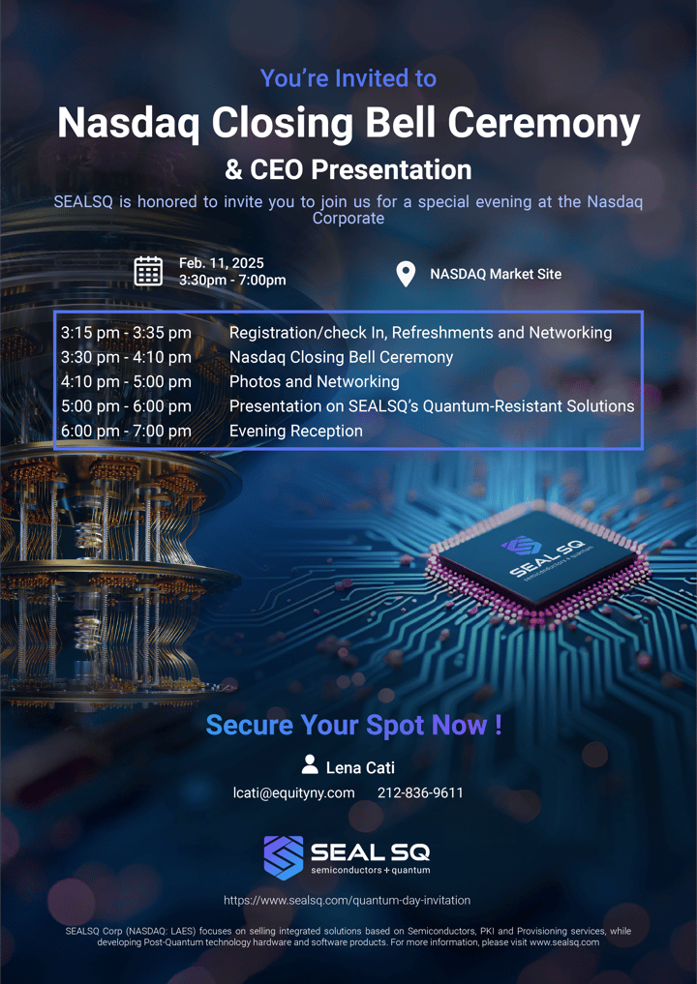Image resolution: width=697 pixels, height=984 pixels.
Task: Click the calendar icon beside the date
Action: point(148,272)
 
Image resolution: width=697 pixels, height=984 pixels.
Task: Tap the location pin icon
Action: point(407,274)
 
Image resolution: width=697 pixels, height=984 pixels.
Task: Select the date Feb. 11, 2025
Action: point(222,263)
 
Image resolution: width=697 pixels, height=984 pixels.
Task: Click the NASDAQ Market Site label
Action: point(496,274)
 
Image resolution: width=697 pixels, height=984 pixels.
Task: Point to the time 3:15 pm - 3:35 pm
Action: point(126,333)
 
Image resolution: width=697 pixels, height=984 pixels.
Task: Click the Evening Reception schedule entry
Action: point(296,431)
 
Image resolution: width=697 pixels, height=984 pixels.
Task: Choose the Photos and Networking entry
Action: point(315,381)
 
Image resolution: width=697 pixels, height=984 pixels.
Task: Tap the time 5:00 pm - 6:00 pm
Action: point(126,406)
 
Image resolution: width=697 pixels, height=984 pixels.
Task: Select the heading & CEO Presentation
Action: point(348,170)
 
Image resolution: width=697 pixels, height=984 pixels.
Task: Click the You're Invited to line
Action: point(348,78)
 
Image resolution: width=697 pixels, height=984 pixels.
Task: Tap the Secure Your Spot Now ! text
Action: point(354,725)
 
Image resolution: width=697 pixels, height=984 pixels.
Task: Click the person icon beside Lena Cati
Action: point(310,764)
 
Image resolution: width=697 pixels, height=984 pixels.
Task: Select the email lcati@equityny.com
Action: point(294,792)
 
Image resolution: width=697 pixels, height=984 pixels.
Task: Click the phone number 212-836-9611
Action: point(420,792)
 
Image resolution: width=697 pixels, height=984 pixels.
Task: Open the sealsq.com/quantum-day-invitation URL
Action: point(348,900)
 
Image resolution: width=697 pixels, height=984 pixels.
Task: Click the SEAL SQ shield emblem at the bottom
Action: point(284,857)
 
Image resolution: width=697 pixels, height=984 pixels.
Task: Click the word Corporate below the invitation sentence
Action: point(348,219)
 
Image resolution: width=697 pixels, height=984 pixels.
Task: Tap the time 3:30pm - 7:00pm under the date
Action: point(232,281)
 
